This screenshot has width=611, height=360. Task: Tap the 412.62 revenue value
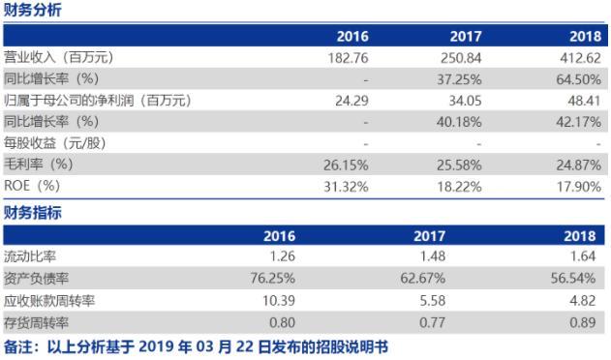coord(583,58)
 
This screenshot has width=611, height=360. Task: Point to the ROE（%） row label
coord(33,186)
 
